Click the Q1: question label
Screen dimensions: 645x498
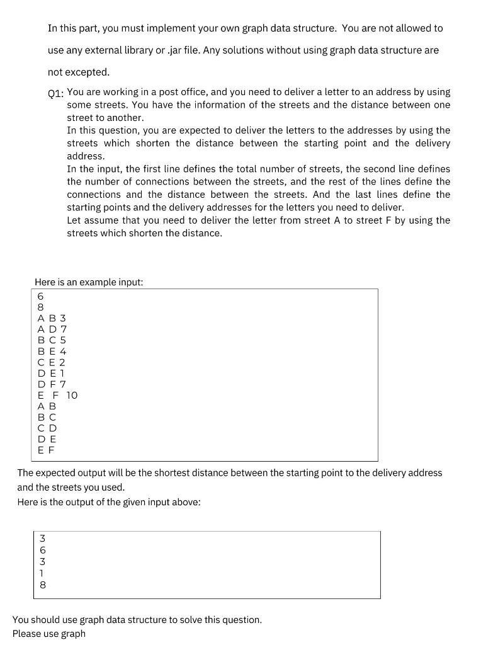pos(55,93)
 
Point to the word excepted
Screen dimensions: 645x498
pos(88,72)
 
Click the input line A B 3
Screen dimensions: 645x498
pos(52,319)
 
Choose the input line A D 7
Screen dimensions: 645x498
pos(52,329)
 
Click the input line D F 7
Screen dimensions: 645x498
pos(52,384)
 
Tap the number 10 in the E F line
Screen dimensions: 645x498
pos(72,396)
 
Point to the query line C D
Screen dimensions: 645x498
pos(47,428)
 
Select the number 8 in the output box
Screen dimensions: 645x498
pos(42,585)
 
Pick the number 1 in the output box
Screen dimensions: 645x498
pos(42,573)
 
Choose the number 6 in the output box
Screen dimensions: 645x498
pos(42,550)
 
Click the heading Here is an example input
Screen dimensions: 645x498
pos(89,282)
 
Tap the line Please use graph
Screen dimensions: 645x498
pos(48,633)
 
